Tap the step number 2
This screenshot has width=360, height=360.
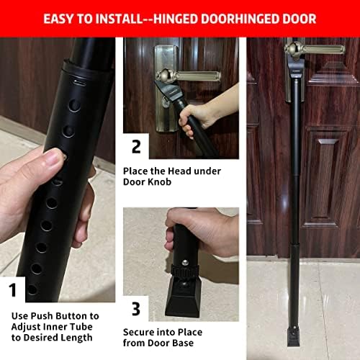[x=136, y=148]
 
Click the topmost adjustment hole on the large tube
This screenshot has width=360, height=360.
[x=74, y=105]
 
